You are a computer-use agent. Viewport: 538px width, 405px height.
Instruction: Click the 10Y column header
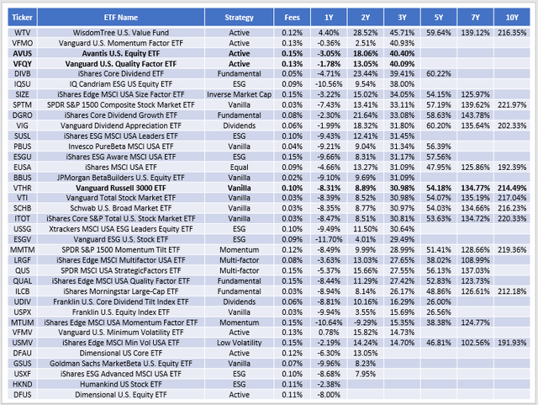click(x=513, y=16)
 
